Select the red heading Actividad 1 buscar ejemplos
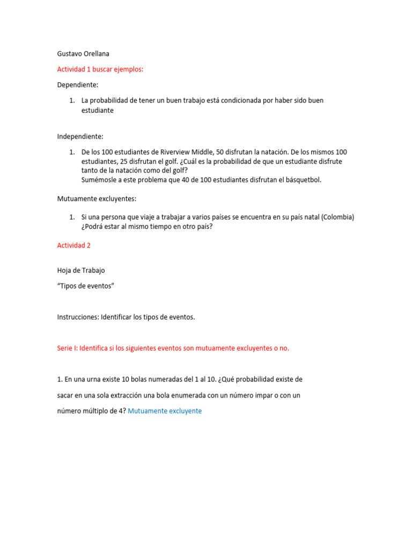(x=100, y=69)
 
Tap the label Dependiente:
(x=78, y=85)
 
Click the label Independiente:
(x=80, y=136)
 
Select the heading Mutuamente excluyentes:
(x=97, y=199)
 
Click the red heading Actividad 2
(x=74, y=245)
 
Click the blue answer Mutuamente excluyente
(x=165, y=411)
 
